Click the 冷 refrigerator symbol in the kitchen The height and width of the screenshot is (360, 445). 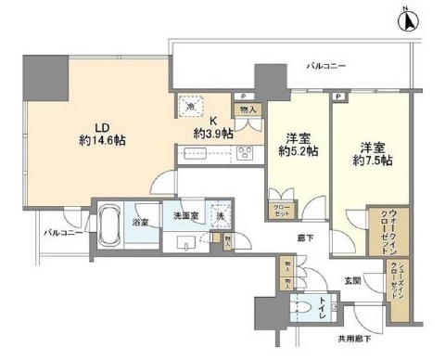coord(190,106)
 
